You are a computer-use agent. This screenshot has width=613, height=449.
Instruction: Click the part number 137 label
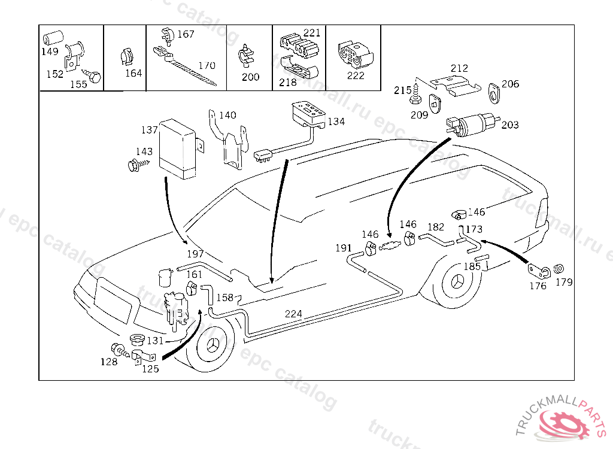(x=149, y=130)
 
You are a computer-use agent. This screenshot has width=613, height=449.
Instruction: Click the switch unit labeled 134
(x=307, y=114)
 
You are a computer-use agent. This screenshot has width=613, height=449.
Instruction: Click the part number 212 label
(x=459, y=69)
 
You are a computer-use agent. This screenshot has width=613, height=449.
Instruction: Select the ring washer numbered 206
(x=494, y=92)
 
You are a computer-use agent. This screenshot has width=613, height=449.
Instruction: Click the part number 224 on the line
(x=293, y=314)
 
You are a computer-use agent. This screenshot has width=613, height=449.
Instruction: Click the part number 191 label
(x=343, y=248)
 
